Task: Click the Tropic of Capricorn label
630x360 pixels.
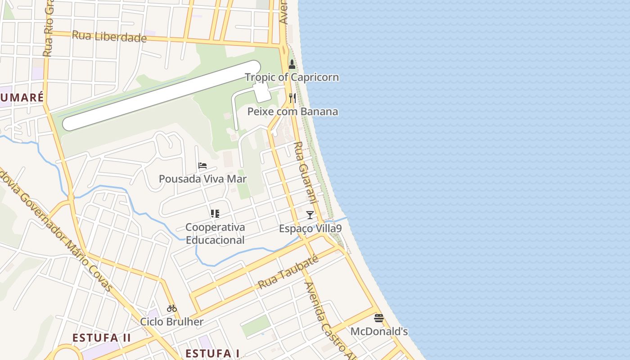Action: pos(292,77)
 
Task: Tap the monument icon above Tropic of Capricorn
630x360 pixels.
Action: pos(292,64)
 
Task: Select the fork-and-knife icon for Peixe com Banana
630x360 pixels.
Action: pos(292,98)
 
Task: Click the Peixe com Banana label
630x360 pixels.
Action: pos(292,112)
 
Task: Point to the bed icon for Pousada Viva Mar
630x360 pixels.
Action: pos(202,166)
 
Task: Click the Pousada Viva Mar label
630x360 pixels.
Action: pos(202,179)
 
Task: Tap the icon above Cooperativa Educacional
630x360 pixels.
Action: pos(215,213)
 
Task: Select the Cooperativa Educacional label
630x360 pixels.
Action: pos(215,234)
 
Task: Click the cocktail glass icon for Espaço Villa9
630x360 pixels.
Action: pos(310,215)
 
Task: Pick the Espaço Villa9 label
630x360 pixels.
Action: pos(310,229)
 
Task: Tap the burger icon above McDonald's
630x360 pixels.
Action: pos(379,318)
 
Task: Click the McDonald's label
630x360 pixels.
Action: pos(379,332)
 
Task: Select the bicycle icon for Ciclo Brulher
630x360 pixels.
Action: pos(171,308)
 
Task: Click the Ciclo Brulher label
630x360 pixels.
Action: pos(171,322)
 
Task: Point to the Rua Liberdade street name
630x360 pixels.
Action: pos(109,36)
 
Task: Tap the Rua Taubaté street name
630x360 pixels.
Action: pos(288,272)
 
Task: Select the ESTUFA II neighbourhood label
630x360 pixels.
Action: pos(102,338)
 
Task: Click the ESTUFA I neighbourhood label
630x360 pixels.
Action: pos(212,353)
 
